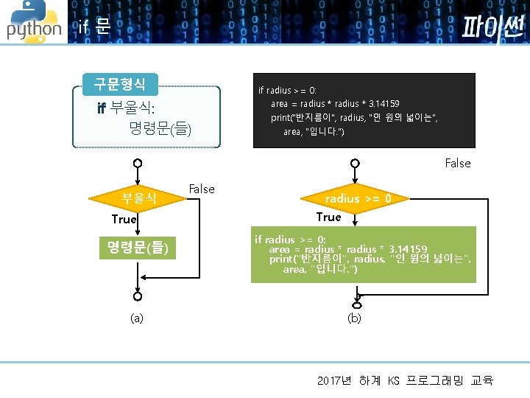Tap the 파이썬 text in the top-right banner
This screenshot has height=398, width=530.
(492, 27)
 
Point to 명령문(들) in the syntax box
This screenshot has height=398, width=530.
(160, 130)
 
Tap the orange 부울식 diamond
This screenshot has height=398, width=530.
(138, 198)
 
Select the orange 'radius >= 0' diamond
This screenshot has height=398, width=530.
(358, 198)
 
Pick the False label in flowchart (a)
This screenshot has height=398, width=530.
(202, 189)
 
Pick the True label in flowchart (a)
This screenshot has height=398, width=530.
(124, 219)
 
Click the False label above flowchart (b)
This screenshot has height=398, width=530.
(458, 163)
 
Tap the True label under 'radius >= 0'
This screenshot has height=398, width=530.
(328, 217)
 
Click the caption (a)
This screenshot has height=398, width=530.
(137, 318)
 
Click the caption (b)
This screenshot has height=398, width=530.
(354, 318)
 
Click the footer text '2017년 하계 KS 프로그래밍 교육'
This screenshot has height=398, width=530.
(405, 380)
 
